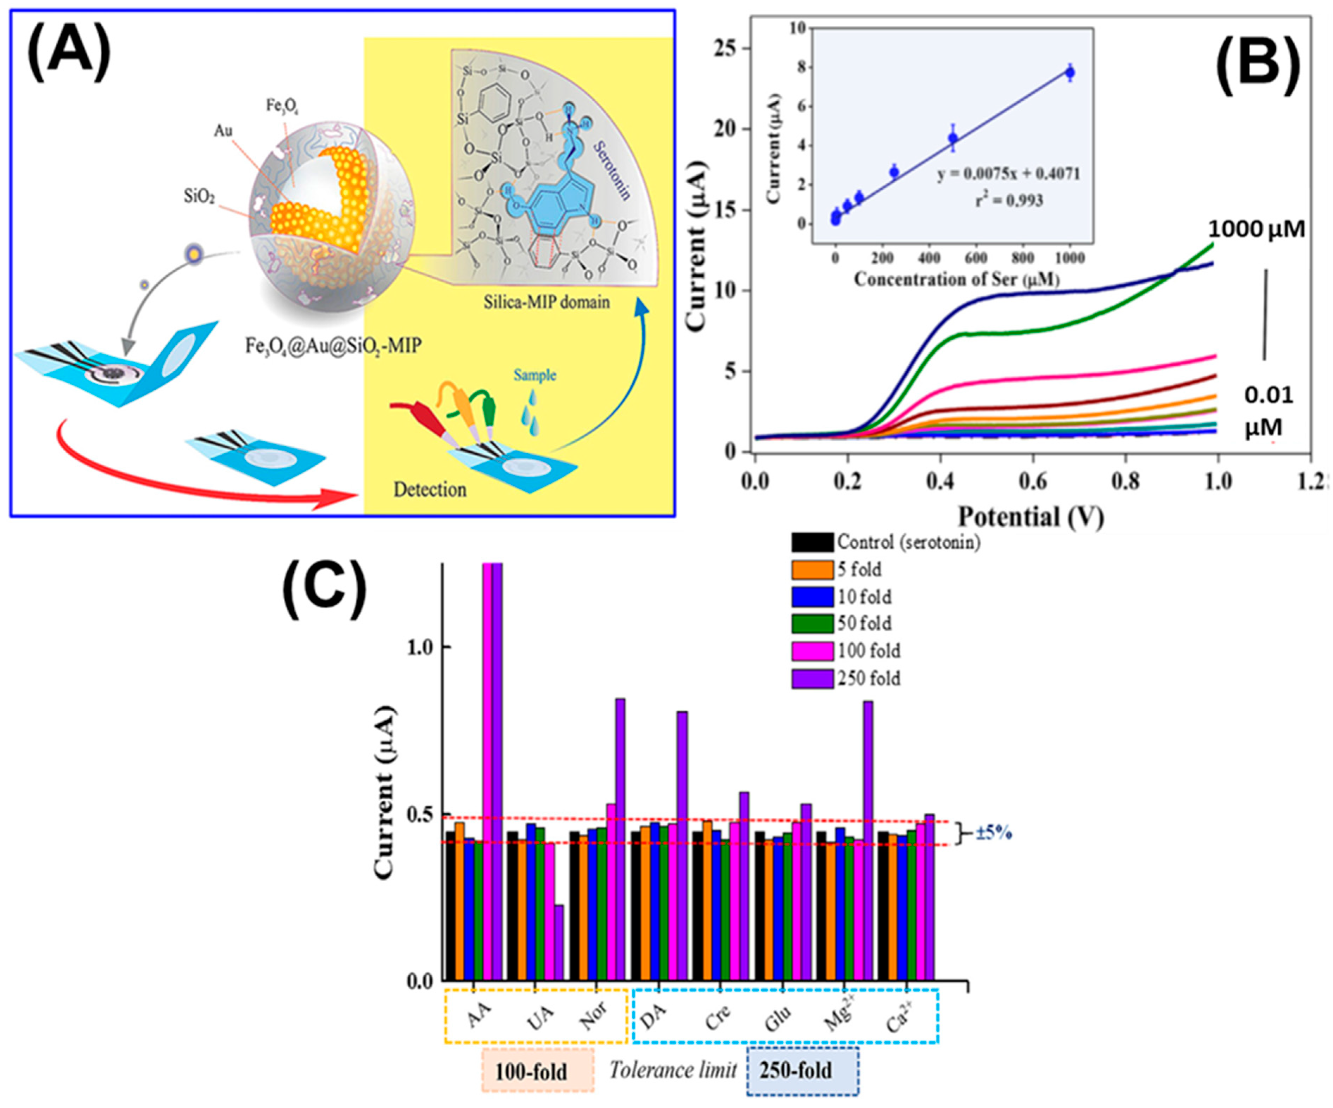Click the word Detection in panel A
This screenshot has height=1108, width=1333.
pyautogui.click(x=430, y=489)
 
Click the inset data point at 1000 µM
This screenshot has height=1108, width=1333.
pyautogui.click(x=1070, y=73)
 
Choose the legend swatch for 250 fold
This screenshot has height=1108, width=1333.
pyautogui.click(x=812, y=678)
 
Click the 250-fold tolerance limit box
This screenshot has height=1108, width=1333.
pyautogui.click(x=802, y=1071)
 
